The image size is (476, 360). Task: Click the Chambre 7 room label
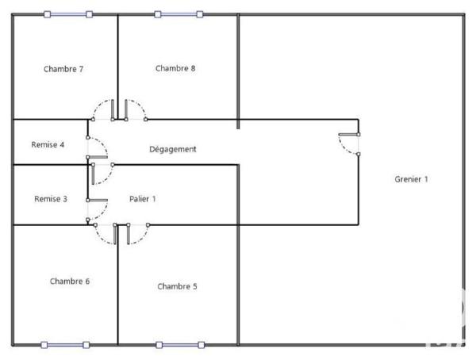(x=63, y=69)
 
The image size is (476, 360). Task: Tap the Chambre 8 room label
(x=175, y=68)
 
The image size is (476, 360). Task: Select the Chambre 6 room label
(x=70, y=281)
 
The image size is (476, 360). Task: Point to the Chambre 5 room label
(x=177, y=286)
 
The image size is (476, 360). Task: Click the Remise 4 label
(x=48, y=145)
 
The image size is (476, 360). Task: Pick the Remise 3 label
(x=51, y=199)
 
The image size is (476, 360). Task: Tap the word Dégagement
(x=173, y=149)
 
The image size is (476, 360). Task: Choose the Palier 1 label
(x=143, y=199)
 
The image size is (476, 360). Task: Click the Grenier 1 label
(x=412, y=179)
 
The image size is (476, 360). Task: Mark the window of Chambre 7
(x=67, y=13)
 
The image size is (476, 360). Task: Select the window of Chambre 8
(x=179, y=13)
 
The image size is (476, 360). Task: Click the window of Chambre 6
(x=66, y=345)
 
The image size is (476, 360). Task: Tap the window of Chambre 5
(x=181, y=345)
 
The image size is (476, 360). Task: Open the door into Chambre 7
(x=102, y=110)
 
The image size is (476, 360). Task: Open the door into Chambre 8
(x=134, y=110)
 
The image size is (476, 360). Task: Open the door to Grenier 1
(x=348, y=144)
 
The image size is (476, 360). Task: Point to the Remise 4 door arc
(x=98, y=148)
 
